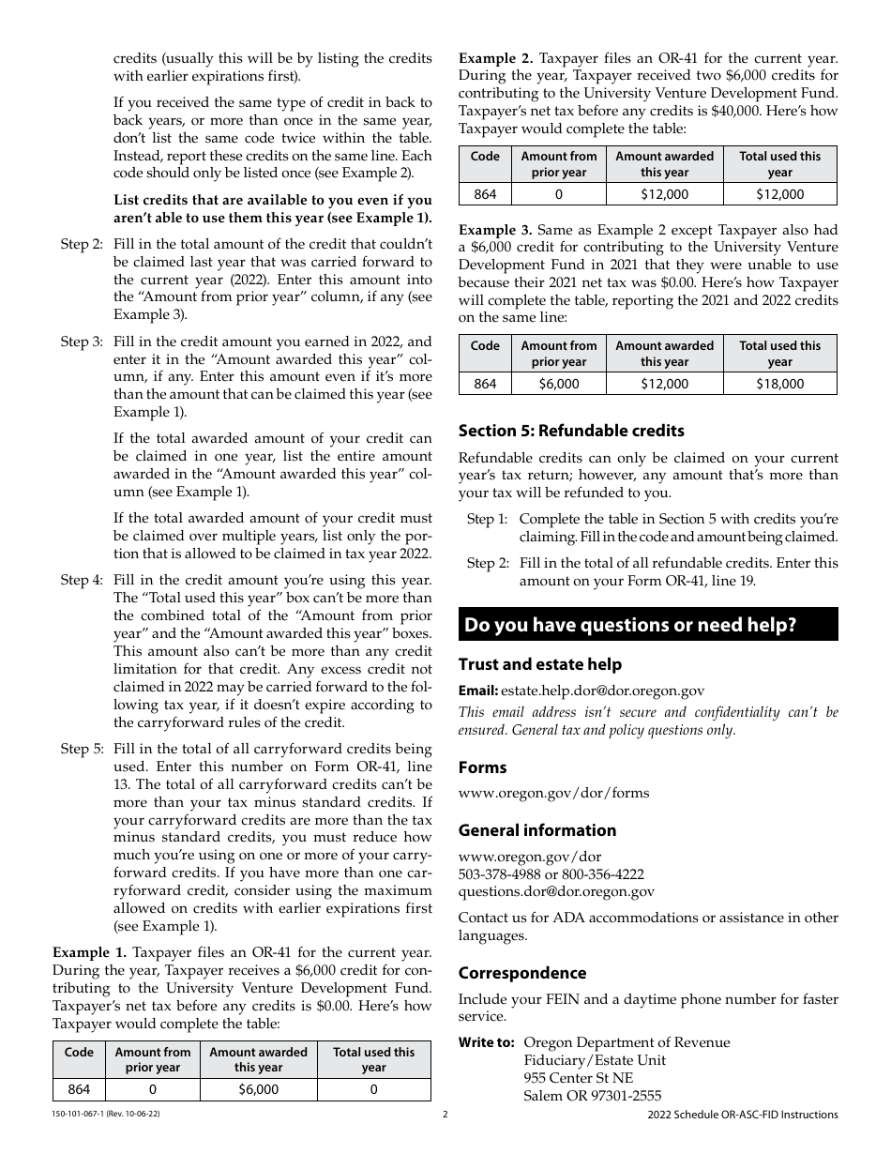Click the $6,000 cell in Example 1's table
point(258,1089)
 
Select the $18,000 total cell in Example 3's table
point(779,383)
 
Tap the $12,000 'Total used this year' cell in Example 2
point(779,194)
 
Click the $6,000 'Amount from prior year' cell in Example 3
point(559,383)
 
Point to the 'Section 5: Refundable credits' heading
point(570,431)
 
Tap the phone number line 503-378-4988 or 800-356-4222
point(551,874)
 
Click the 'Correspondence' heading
point(521,973)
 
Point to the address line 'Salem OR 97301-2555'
point(592,1096)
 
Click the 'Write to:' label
point(486,1042)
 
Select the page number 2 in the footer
point(445,1115)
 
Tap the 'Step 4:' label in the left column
point(82,580)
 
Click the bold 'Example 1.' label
point(89,952)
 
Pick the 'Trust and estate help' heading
point(539,664)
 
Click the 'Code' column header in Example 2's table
point(484,157)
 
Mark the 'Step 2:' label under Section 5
point(487,563)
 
